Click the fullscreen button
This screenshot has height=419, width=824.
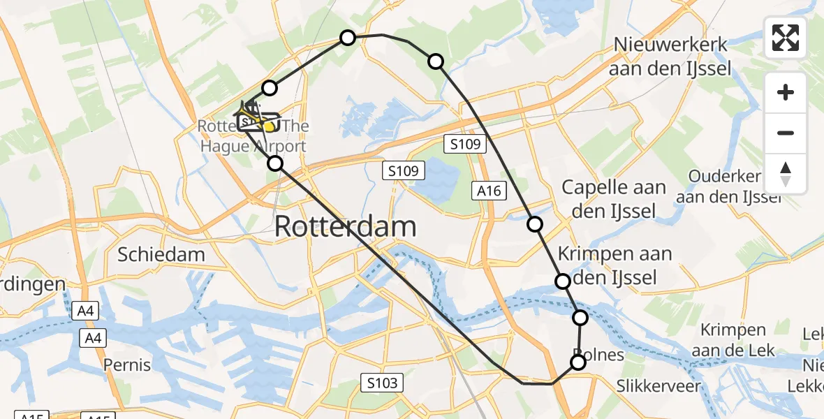point(786,38)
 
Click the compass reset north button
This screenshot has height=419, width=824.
point(786,174)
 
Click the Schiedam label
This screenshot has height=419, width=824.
point(161,254)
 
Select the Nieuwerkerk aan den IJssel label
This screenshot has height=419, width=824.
point(671,57)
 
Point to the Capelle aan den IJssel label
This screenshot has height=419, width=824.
point(613,199)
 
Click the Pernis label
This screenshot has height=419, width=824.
point(127,365)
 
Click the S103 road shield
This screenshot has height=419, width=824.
point(382,382)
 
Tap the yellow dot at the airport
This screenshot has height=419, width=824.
point(270,126)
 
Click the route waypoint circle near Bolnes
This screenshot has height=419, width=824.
point(578,362)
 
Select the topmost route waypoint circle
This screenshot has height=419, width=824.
point(347,38)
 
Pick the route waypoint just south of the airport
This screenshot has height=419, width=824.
point(275,163)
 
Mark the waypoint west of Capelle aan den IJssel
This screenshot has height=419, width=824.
point(534,224)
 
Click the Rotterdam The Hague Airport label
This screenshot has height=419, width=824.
point(253,137)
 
